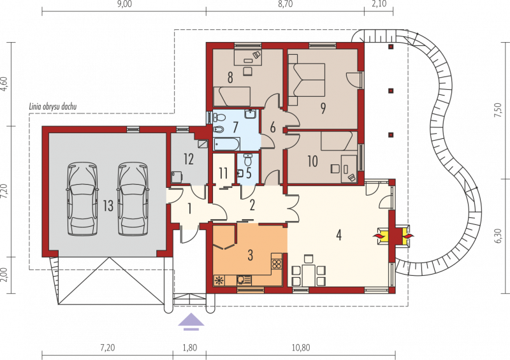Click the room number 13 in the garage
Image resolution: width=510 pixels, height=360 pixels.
[x=108, y=205]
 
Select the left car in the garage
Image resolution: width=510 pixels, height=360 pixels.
[x=82, y=199]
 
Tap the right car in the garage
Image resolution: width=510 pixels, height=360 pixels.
[x=133, y=199]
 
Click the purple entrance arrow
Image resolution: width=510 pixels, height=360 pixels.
[x=191, y=322]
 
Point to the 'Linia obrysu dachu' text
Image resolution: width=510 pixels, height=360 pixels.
[x=53, y=106]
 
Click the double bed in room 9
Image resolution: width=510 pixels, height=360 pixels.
[x=307, y=80]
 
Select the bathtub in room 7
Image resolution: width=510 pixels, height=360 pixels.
[x=227, y=144]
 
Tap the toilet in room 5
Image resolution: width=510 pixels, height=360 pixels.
[x=248, y=159]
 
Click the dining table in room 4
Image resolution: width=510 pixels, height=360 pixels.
[x=309, y=275]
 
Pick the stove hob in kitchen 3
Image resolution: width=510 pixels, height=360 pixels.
[x=277, y=264]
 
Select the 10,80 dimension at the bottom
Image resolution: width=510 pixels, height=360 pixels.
[x=301, y=348]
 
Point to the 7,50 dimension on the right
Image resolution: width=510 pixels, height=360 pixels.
[x=498, y=110]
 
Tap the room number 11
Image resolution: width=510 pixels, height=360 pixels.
[x=223, y=173]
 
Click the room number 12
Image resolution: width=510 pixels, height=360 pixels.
[x=189, y=159]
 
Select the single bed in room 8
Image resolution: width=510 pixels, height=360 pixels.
[x=232, y=96]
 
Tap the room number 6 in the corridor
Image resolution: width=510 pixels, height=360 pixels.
[x=273, y=127]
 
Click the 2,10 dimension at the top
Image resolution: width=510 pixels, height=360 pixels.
[x=379, y=4]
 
